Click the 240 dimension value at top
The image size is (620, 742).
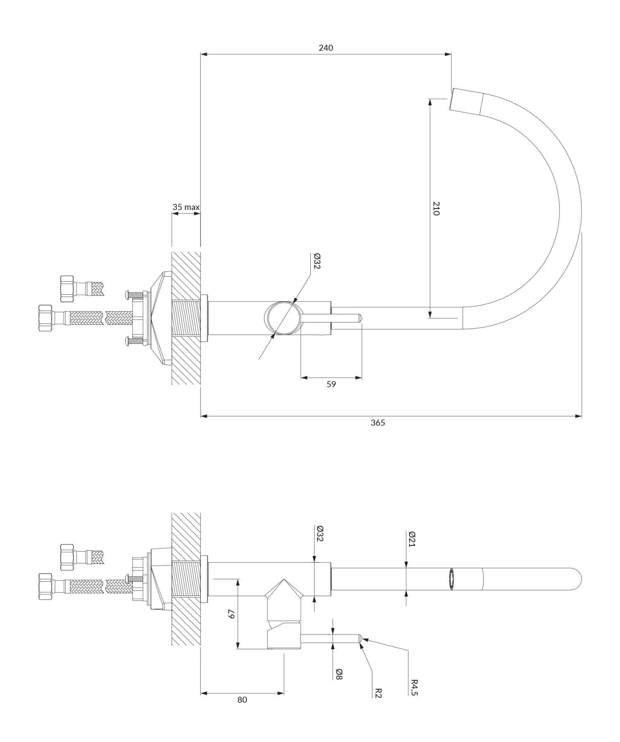point(326,48)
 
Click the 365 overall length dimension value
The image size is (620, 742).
point(377,423)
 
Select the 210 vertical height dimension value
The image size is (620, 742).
point(436,208)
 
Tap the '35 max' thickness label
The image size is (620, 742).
point(186,207)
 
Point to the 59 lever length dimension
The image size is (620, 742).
point(331,384)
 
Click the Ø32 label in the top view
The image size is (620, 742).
point(317,261)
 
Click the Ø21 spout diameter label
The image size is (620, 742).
point(412,539)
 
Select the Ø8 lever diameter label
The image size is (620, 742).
point(339,675)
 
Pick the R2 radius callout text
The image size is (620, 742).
point(378,693)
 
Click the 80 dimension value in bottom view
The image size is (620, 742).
point(242,699)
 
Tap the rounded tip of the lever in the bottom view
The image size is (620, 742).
point(360,639)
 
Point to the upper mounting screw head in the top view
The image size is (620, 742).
point(128,295)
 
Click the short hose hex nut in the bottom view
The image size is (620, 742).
point(67,554)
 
